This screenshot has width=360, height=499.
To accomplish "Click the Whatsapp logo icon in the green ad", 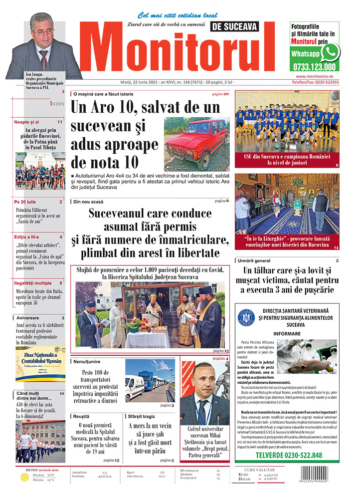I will click(330, 52).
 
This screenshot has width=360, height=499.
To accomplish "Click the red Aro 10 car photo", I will click(197, 144).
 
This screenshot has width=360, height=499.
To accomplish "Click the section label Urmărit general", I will click(259, 261).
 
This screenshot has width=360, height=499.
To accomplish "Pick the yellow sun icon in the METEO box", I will click(23, 477).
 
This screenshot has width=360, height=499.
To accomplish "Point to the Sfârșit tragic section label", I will click(143, 416).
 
